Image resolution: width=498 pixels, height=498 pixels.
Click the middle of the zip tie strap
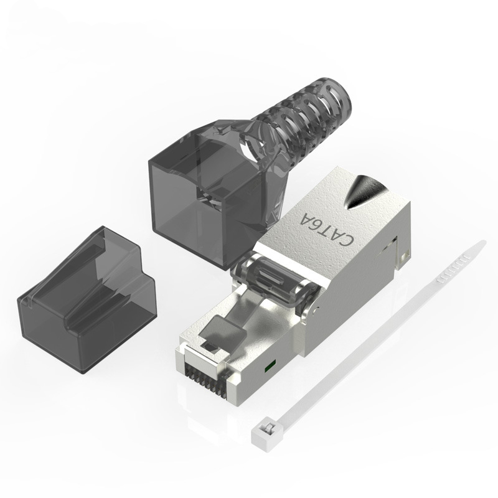pos(374,336)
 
